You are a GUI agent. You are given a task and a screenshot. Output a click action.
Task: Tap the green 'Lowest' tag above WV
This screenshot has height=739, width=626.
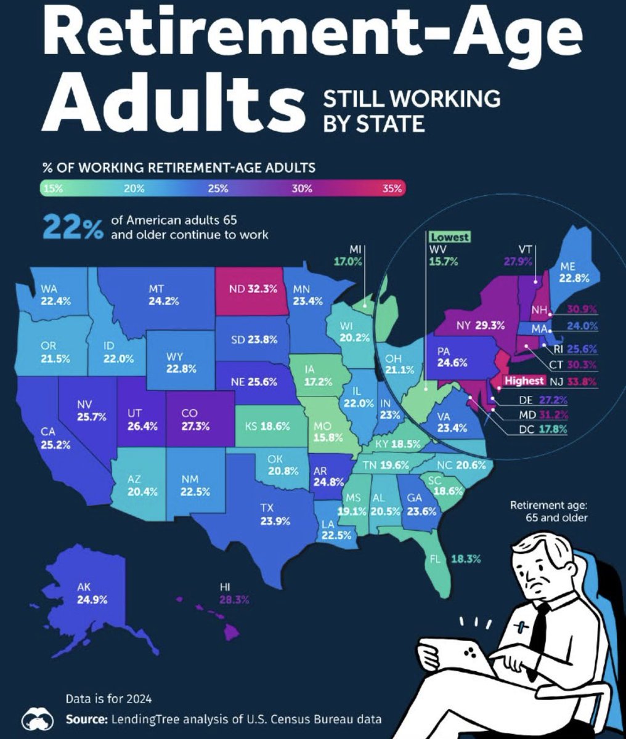[x=449, y=237]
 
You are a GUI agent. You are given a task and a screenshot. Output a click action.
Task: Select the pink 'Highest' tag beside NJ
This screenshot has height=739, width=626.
[x=524, y=381]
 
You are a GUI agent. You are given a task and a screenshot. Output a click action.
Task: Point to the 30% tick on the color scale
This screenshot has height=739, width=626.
[x=301, y=188]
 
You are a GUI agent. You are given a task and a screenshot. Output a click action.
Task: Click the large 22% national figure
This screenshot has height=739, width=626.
[x=73, y=228]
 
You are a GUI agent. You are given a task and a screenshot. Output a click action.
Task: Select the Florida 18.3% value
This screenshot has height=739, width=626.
[x=466, y=559]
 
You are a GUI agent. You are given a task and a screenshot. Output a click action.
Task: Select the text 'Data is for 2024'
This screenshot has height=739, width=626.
[x=108, y=698]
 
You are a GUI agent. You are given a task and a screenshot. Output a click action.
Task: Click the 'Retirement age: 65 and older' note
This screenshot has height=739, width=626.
[x=549, y=511]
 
